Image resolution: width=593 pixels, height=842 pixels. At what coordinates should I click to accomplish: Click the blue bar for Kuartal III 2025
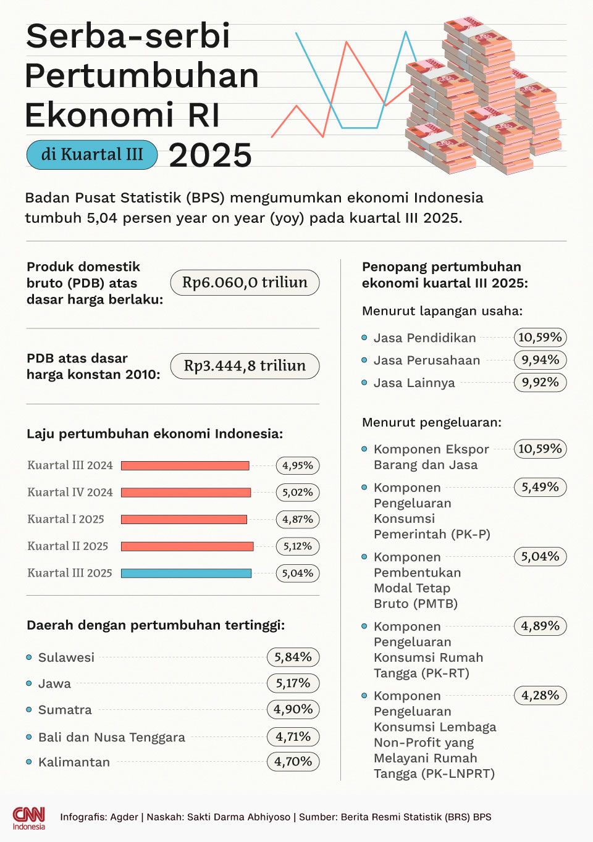pyautogui.click(x=186, y=573)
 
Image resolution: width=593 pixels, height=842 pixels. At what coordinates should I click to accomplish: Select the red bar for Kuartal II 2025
pyautogui.click(x=187, y=546)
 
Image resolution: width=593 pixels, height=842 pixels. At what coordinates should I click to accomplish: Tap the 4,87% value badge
pyautogui.click(x=297, y=519)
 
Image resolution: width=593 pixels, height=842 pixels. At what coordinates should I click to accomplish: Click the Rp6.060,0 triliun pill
pyautogui.click(x=245, y=282)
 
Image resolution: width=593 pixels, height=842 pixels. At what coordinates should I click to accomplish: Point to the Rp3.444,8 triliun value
pyautogui.click(x=245, y=365)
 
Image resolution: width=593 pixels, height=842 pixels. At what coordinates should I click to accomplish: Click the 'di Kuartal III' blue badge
pyautogui.click(x=91, y=154)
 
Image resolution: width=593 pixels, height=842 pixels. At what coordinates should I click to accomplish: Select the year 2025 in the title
pyautogui.click(x=210, y=155)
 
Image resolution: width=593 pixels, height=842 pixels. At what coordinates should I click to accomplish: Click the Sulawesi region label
pyautogui.click(x=66, y=657)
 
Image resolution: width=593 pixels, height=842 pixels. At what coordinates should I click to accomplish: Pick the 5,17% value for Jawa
pyautogui.click(x=293, y=683)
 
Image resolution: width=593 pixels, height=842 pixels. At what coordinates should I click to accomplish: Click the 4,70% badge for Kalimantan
pyautogui.click(x=293, y=762)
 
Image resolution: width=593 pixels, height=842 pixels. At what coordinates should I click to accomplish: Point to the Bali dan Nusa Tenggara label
pyautogui.click(x=111, y=737)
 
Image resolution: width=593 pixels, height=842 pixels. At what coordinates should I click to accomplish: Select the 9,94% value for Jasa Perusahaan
pyautogui.click(x=540, y=360)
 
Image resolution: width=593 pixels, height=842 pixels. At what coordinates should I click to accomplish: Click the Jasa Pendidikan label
pyautogui.click(x=424, y=338)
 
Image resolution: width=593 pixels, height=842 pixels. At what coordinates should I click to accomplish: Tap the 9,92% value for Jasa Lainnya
pyautogui.click(x=540, y=382)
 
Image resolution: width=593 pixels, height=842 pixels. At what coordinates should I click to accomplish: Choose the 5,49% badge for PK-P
pyautogui.click(x=540, y=487)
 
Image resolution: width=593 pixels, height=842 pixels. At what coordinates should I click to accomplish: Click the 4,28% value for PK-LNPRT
pyautogui.click(x=540, y=695)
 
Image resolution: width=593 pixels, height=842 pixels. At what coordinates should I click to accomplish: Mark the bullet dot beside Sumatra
pyautogui.click(x=29, y=710)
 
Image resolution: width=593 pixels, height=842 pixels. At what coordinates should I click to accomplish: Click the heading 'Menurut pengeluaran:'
pyautogui.click(x=431, y=422)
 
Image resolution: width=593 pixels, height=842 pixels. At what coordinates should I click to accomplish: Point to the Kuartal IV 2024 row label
pyautogui.click(x=70, y=492)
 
